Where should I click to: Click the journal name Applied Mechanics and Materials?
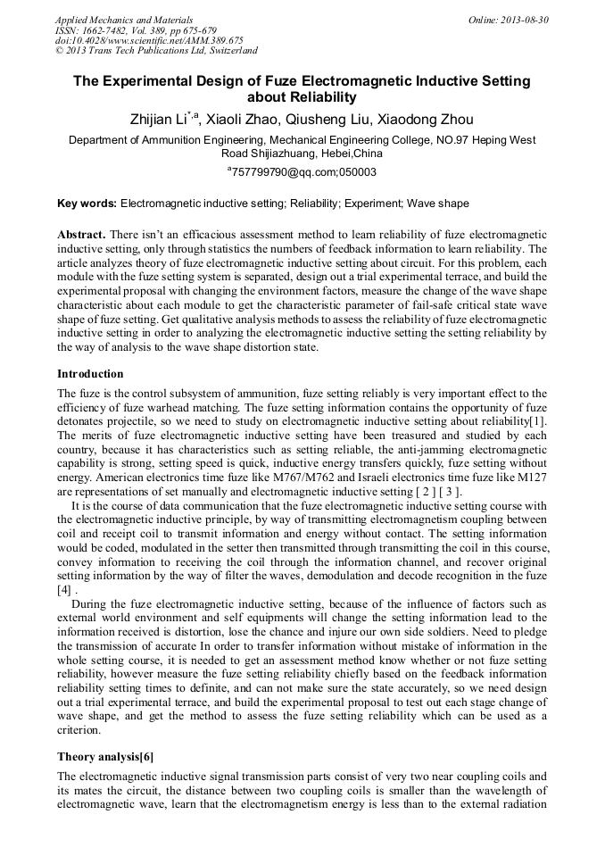pyautogui.click(x=123, y=19)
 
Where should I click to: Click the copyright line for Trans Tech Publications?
pyautogui.click(x=156, y=51)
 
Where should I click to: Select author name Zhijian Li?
pyautogui.click(x=164, y=120)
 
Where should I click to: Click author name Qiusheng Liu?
pyautogui.click(x=329, y=120)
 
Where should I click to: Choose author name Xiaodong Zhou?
pyautogui.click(x=424, y=120)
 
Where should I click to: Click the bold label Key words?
pyautogui.click(x=87, y=204)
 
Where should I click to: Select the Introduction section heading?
pyautogui.click(x=90, y=373)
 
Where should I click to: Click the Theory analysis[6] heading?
pyautogui.click(x=104, y=757)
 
